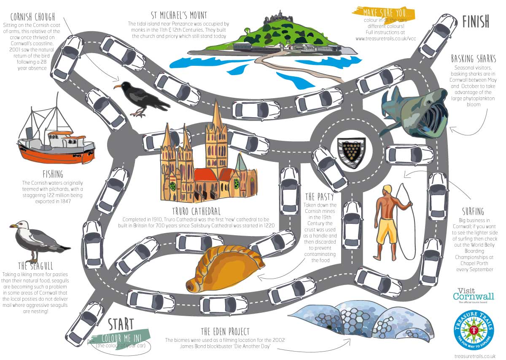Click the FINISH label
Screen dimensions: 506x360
pyautogui.click(x=475, y=21)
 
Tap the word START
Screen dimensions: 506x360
pyautogui.click(x=121, y=325)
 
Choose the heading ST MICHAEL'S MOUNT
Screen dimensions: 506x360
pyautogui.click(x=179, y=16)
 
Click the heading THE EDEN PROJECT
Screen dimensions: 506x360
pyautogui.click(x=225, y=331)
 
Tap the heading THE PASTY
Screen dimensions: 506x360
pyautogui.click(x=319, y=197)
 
